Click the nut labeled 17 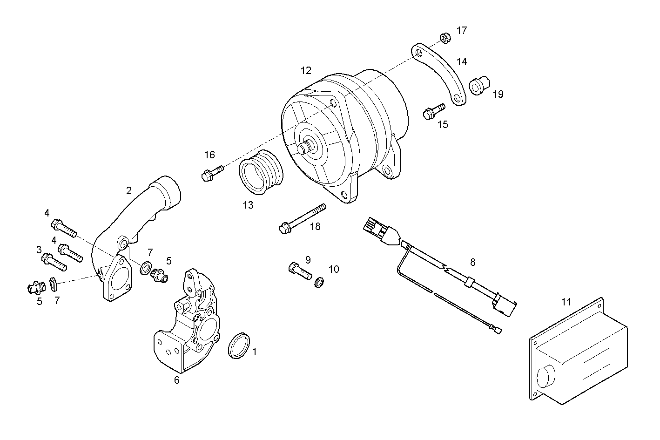(x=444, y=37)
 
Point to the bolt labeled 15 (x=433, y=111)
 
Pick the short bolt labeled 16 (x=212, y=172)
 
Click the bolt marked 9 (x=299, y=270)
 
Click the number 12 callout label (x=306, y=71)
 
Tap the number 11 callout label (x=566, y=302)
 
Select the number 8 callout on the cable (x=472, y=262)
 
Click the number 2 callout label (x=129, y=190)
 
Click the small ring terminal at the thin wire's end (x=498, y=331)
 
